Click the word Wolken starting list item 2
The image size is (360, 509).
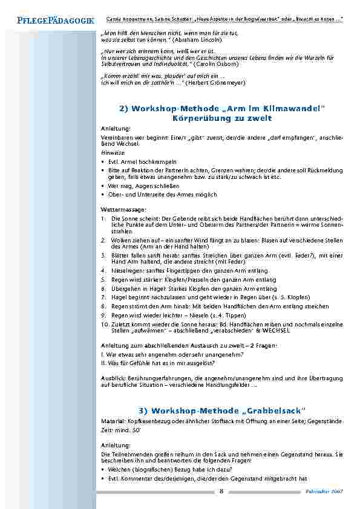[120, 240]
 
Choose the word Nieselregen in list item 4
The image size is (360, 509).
[126, 270]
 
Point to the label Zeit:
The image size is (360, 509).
[106, 428]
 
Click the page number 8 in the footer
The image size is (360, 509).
[221, 491]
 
